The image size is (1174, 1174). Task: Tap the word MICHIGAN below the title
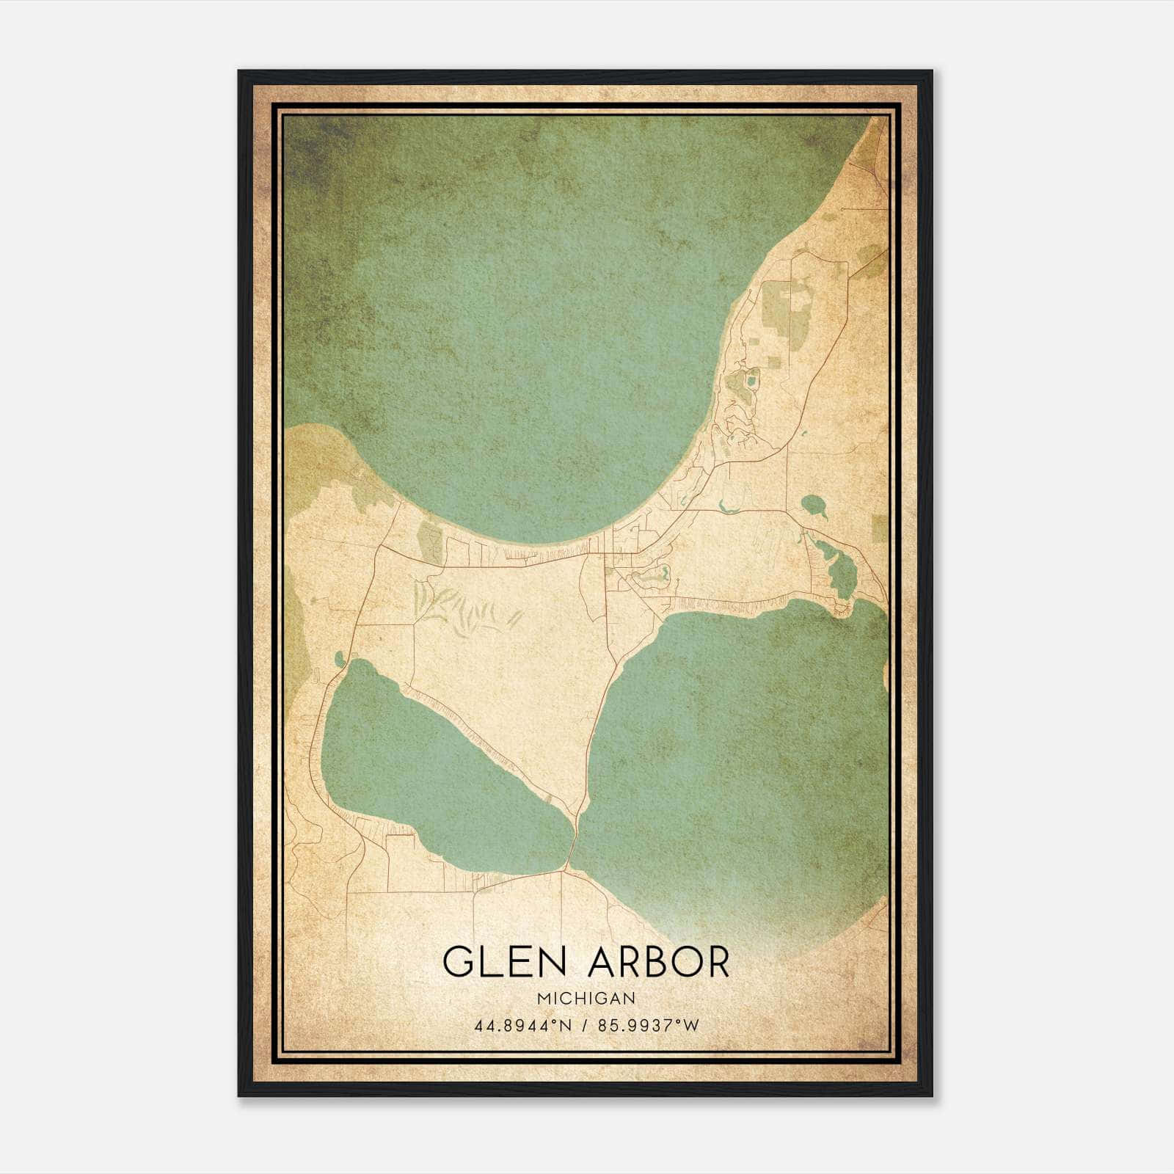(586, 999)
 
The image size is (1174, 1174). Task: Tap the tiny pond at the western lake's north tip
(338, 659)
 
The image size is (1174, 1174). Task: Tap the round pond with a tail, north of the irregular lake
(812, 504)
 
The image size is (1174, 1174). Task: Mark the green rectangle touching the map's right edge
(880, 528)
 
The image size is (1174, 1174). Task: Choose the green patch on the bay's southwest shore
(430, 542)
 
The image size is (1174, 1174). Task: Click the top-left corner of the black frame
(240, 72)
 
